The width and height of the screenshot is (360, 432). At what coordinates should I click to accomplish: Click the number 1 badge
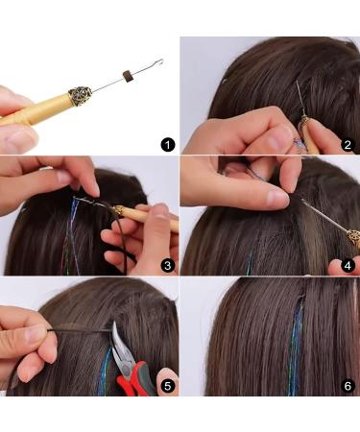[x=168, y=145]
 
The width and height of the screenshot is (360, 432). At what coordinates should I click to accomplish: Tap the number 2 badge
[x=347, y=145]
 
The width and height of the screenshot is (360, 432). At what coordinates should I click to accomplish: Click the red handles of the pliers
[x=134, y=380]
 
